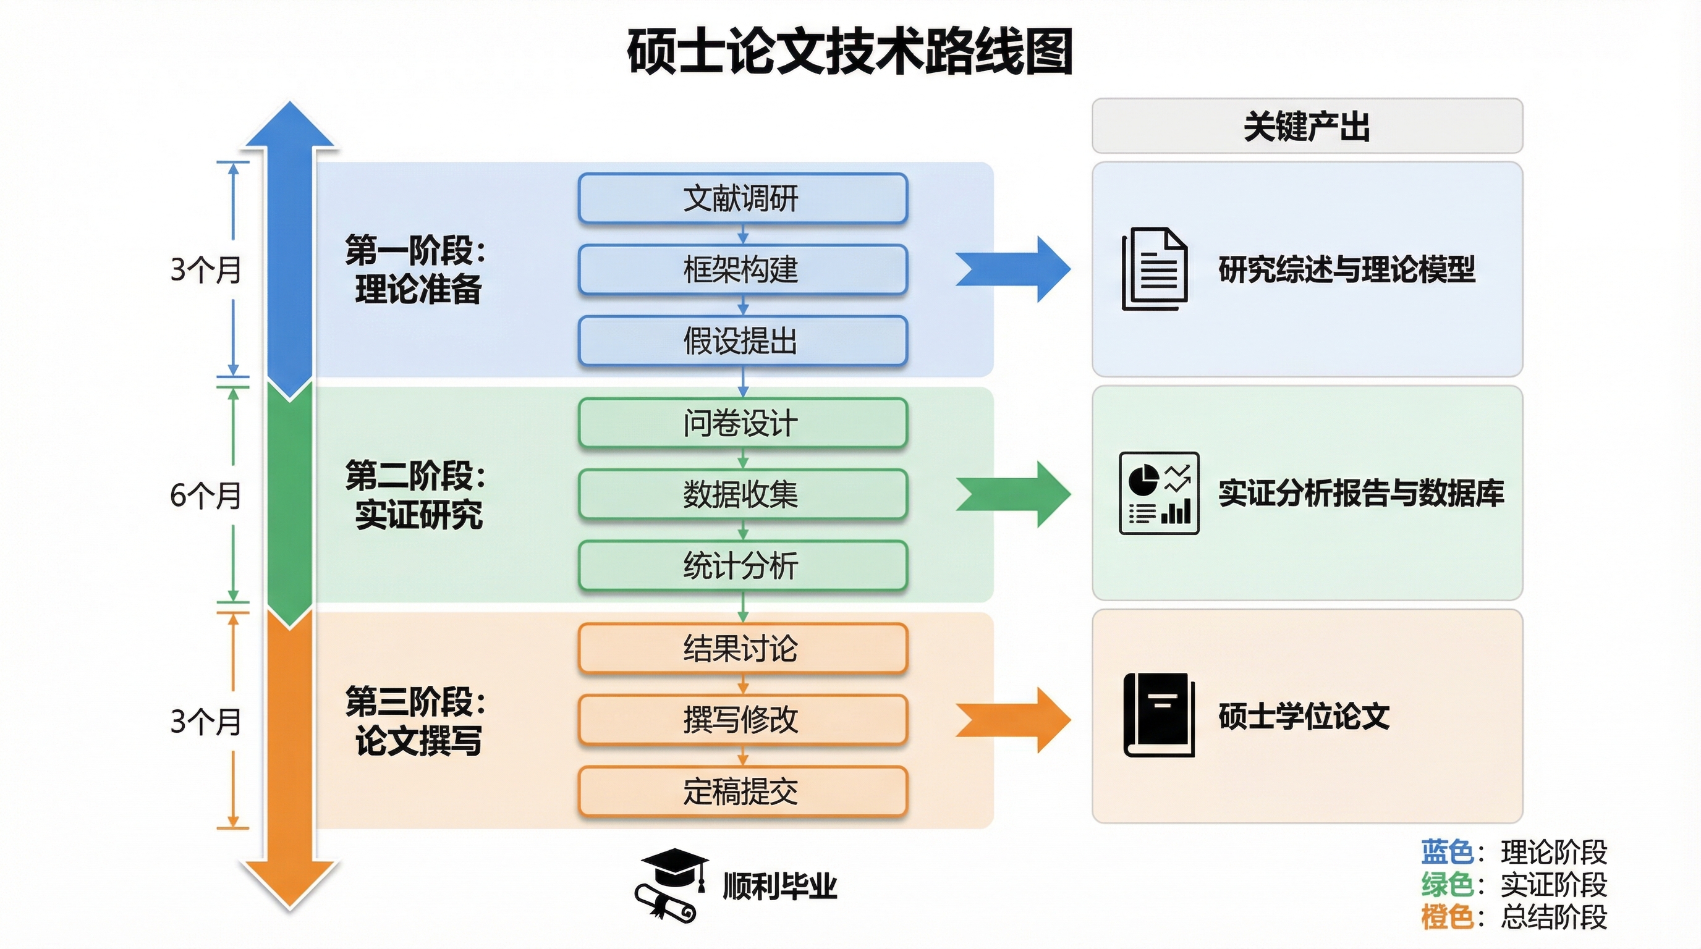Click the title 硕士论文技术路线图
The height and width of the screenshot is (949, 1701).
850,51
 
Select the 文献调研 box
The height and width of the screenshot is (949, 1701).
742,198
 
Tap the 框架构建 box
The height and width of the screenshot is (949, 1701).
742,269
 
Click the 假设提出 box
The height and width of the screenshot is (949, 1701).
742,340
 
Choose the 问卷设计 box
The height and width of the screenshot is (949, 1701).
742,423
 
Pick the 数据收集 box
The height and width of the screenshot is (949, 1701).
742,494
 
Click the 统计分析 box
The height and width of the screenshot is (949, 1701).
742,565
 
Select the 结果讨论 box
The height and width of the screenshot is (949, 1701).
742,648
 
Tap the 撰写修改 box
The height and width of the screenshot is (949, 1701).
742,719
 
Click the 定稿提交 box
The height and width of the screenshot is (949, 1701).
742,791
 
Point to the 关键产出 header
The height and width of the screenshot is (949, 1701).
1307,126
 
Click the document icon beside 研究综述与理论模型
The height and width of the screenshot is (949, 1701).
1155,269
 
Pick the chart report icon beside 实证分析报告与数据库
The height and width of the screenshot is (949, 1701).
1159,493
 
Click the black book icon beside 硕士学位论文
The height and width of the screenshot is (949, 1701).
1159,715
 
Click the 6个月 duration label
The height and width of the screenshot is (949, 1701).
205,495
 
